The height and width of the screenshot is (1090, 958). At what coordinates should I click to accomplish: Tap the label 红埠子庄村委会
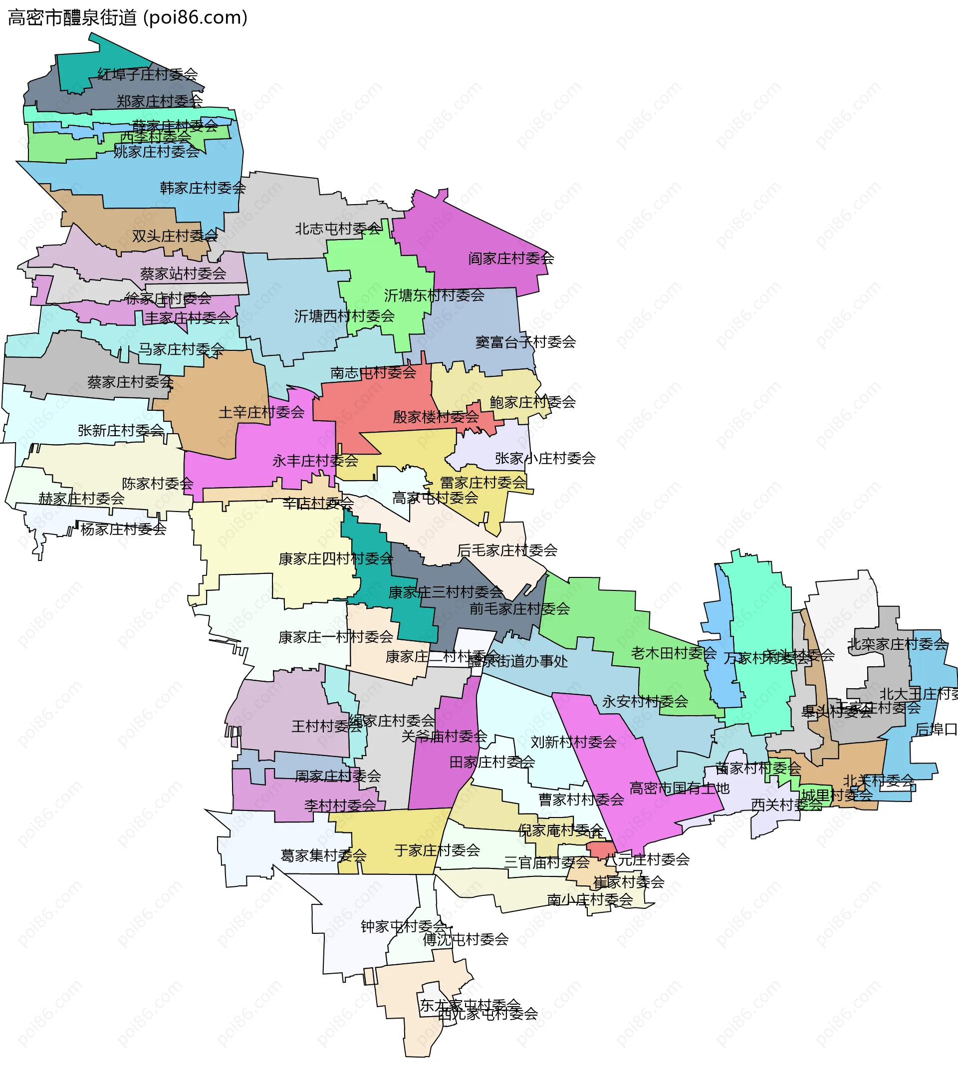tap(148, 74)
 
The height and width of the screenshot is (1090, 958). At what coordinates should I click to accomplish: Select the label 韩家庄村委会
tap(203, 188)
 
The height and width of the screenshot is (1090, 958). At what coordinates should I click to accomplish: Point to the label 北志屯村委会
tap(337, 229)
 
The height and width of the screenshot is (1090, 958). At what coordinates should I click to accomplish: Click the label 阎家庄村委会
tap(511, 259)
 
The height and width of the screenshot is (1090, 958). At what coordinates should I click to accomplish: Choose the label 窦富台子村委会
tap(525, 342)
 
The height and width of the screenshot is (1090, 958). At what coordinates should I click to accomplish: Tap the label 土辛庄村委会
tap(261, 412)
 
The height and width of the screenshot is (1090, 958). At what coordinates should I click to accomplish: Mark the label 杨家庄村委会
tap(123, 529)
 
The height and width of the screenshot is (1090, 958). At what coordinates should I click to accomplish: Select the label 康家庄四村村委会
tap(335, 559)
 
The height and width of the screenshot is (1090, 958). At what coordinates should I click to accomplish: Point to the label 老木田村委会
tap(673, 653)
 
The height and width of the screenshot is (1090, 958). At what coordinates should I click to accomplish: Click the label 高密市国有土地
tap(679, 788)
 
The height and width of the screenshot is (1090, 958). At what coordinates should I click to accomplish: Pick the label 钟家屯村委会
tap(403, 926)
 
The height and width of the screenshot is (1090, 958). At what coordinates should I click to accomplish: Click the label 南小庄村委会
tap(590, 900)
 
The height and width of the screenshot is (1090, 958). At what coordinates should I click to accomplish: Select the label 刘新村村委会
tap(573, 742)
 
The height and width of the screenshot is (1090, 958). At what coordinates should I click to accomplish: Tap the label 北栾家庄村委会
tap(897, 644)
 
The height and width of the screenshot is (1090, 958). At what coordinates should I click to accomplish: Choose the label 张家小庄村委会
tap(545, 458)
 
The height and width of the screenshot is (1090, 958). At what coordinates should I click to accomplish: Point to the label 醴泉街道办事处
tap(517, 661)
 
